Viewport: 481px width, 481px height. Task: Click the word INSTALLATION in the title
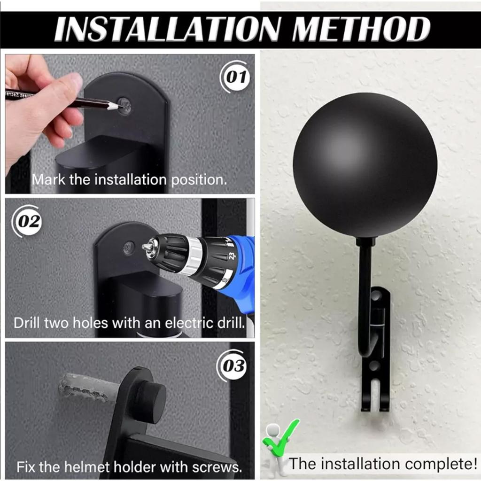(167, 29)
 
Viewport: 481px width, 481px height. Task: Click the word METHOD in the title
(361, 29)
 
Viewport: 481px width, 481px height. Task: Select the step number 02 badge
(28, 221)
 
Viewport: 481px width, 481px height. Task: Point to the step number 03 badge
(232, 365)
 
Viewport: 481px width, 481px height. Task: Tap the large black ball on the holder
(365, 165)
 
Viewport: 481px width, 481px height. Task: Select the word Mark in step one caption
(49, 179)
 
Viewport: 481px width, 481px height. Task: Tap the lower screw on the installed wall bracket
(374, 365)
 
